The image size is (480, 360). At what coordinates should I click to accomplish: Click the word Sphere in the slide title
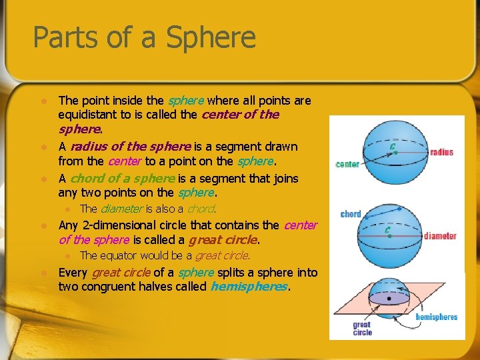point(211,37)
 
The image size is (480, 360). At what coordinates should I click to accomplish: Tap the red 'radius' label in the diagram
point(441,152)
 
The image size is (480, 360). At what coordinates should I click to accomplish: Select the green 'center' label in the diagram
point(347,164)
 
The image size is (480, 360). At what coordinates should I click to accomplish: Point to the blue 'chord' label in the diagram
point(351,214)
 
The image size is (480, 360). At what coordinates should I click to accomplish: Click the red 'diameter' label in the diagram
point(440,235)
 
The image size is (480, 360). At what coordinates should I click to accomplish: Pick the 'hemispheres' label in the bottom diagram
point(437,317)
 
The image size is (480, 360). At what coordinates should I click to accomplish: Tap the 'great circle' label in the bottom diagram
point(363,329)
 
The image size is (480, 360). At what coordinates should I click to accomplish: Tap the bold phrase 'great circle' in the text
point(223,240)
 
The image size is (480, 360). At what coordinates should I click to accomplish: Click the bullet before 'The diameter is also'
point(67,209)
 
